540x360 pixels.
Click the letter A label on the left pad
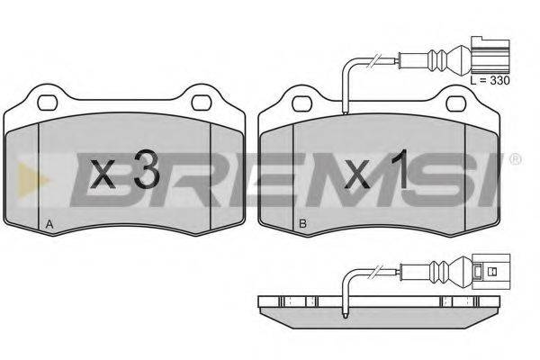[49, 224]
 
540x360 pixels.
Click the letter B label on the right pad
[302, 224]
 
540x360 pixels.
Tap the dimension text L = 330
[490, 81]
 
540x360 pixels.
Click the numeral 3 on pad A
[146, 169]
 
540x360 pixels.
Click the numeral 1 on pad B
[400, 169]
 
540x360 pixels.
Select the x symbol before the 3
[102, 174]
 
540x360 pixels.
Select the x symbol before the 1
[357, 174]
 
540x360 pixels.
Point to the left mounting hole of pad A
[47, 103]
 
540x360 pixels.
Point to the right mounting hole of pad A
[201, 103]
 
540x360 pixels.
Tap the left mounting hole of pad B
[301, 103]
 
